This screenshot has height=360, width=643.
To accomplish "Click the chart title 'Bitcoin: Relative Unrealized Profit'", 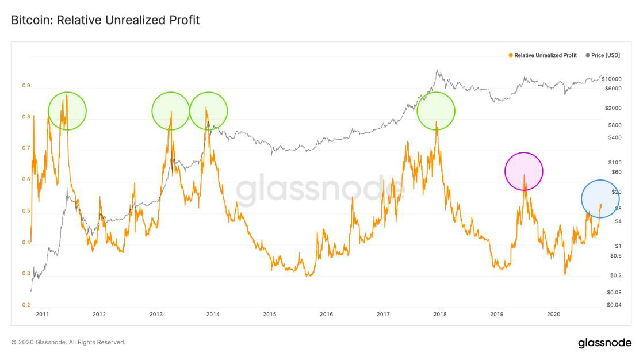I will [105, 20].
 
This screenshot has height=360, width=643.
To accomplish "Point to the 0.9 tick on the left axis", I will [26, 86].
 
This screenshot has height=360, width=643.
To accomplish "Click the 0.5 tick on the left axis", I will [26, 211].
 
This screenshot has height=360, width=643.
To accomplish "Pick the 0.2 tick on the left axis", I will [26, 305].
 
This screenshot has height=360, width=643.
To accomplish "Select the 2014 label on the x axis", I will [213, 314].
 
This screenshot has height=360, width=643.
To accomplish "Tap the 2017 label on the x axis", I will [383, 314].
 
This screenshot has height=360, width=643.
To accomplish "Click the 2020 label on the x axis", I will [553, 314].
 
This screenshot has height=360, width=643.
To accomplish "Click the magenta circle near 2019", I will [523, 171].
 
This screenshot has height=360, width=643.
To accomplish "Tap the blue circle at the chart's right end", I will [600, 199].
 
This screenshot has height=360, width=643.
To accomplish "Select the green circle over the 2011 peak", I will [67, 110].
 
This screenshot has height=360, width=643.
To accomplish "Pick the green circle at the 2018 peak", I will [435, 110].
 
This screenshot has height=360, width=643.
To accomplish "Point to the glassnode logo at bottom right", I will [604, 343].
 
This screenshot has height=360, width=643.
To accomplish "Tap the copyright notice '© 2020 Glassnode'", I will [68, 342].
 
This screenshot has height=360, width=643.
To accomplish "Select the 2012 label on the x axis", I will [99, 314].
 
